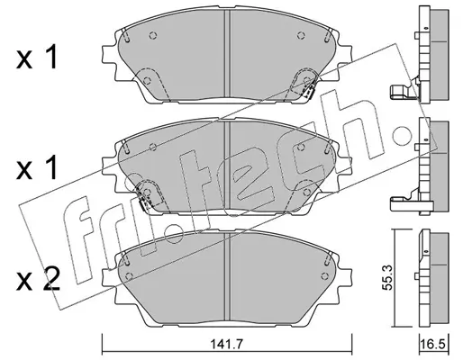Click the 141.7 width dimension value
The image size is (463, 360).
click(x=226, y=344)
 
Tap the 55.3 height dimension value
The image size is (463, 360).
click(x=388, y=277)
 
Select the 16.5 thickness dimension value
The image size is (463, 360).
click(x=433, y=345)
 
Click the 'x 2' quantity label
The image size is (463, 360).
click(x=38, y=280)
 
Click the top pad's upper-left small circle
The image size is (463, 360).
click(x=153, y=36)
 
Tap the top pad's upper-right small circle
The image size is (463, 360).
click(x=301, y=36)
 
